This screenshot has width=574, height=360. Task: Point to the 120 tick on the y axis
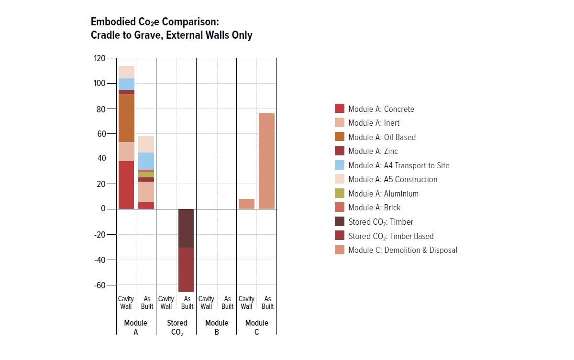click(x=99, y=58)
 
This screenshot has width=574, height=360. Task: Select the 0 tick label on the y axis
click(x=102, y=209)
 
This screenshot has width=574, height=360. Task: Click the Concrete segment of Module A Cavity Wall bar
click(x=126, y=185)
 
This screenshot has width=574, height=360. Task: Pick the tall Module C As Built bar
click(x=267, y=161)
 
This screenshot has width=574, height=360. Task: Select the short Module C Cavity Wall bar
click(x=246, y=204)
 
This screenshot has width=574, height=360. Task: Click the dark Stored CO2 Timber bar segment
click(x=186, y=228)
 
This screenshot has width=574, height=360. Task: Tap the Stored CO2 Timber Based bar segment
click(x=186, y=270)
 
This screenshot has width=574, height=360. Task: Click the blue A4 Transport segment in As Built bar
click(x=146, y=161)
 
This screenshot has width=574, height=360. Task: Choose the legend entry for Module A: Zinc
click(x=373, y=151)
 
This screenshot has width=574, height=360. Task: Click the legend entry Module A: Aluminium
click(x=383, y=194)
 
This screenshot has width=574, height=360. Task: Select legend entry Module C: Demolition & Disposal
click(x=403, y=250)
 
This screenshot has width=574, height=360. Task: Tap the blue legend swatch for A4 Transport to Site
click(x=340, y=165)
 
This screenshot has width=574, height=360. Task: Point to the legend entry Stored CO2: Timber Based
click(x=391, y=236)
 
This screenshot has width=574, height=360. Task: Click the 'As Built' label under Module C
click(x=267, y=303)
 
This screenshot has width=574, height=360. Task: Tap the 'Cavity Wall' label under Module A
click(x=126, y=303)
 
